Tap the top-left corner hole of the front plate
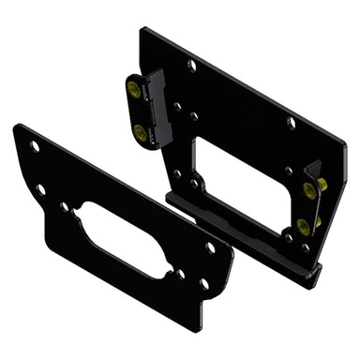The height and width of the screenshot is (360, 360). tap(35, 146)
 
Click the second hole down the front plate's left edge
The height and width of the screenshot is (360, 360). tap(40, 188)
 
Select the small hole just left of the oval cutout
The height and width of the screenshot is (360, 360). tap(64, 206)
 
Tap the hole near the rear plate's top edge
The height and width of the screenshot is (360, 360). tap(191, 65)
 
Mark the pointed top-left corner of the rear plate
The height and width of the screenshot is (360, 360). tap(143, 30)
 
